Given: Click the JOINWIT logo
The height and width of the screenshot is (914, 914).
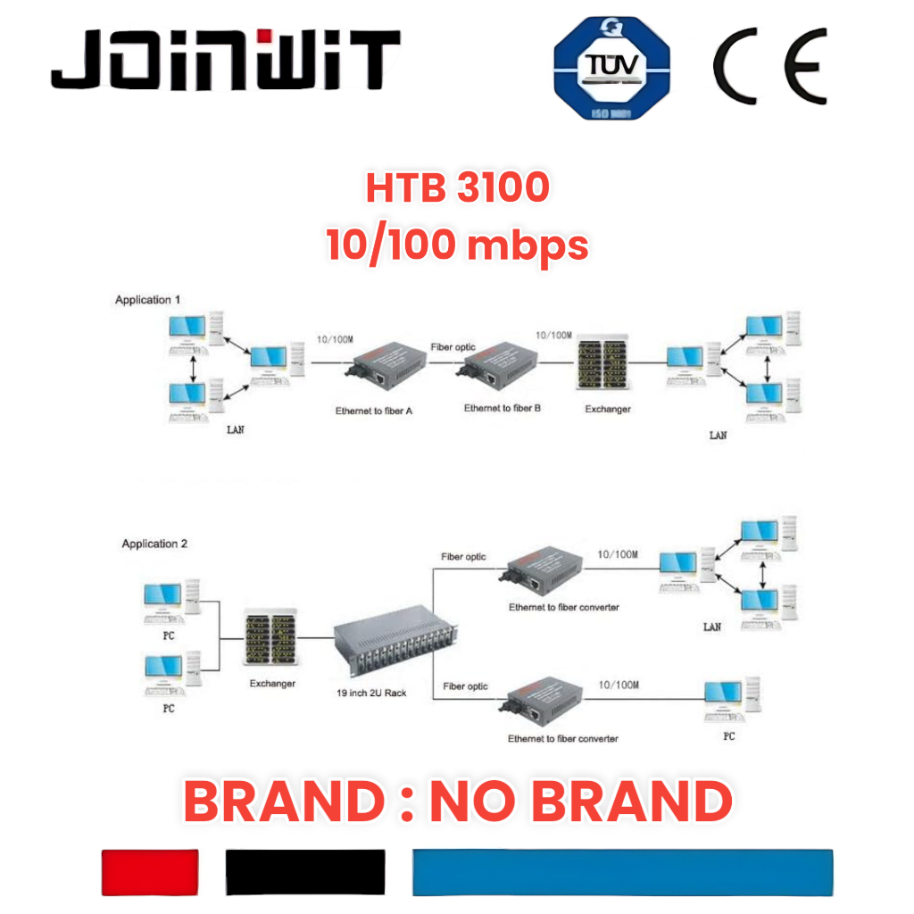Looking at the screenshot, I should click(x=225, y=61).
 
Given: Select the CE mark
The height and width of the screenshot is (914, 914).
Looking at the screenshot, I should click(x=769, y=67).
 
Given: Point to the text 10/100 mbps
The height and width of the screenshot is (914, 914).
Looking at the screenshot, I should click(x=457, y=244).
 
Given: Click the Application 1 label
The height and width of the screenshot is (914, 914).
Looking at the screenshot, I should click(x=149, y=300).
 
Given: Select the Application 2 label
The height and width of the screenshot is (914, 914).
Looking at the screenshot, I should click(x=155, y=544).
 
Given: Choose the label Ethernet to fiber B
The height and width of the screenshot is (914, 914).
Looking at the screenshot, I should click(x=503, y=408).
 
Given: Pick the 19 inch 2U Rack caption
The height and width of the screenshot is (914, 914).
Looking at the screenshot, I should click(x=373, y=693).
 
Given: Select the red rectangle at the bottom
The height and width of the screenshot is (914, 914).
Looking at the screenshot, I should click(x=150, y=872).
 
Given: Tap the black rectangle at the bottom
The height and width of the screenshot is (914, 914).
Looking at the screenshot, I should click(x=305, y=872).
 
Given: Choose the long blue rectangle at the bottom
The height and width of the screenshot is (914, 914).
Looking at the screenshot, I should click(x=622, y=872).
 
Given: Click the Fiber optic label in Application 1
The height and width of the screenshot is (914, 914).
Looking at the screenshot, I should click(x=453, y=346).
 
